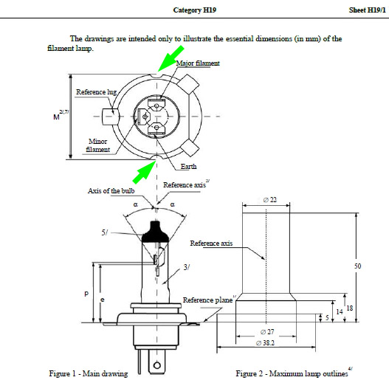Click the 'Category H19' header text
(x=195, y=10)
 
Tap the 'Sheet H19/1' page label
(x=367, y=10)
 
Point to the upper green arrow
(x=171, y=58)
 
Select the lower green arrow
(x=145, y=172)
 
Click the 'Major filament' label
(x=198, y=63)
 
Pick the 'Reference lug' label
(x=96, y=92)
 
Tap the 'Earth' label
(x=188, y=167)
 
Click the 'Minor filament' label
(x=97, y=145)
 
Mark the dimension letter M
(x=56, y=117)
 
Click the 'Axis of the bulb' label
(x=111, y=191)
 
